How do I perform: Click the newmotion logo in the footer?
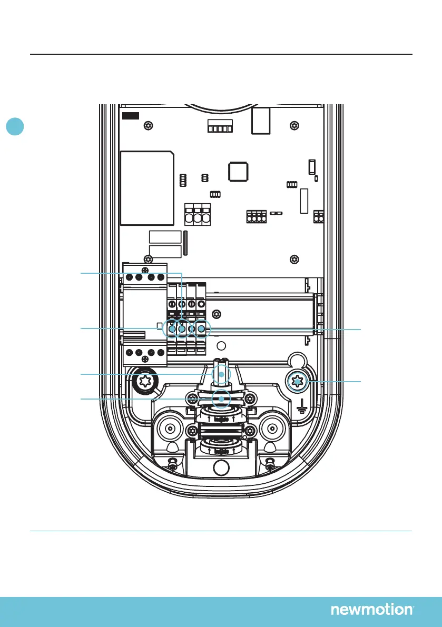click(372, 610)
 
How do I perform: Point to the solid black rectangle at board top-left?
click(130, 115)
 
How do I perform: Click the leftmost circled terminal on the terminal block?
click(171, 329)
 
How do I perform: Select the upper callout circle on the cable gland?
click(222, 374)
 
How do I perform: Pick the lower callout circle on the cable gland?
click(222, 399)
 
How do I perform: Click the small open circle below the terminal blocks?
click(222, 346)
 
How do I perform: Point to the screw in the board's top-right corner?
click(293, 126)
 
